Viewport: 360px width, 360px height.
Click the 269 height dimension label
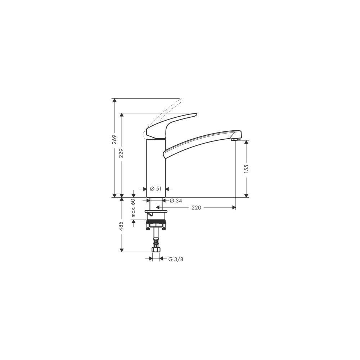pos(114,140)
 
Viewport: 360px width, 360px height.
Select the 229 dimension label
pos(121,153)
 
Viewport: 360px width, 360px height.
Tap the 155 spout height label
pos(246,169)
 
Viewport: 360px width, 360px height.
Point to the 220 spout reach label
pos(196,208)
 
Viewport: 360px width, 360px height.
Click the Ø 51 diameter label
pos(156,189)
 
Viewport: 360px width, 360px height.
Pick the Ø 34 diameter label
pos(176,201)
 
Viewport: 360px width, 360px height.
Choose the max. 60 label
pos(133,208)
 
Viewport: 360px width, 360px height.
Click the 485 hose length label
pos(121,226)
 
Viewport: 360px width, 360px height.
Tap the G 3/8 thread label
pos(176,260)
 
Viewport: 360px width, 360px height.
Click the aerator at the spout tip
pos(235,139)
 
